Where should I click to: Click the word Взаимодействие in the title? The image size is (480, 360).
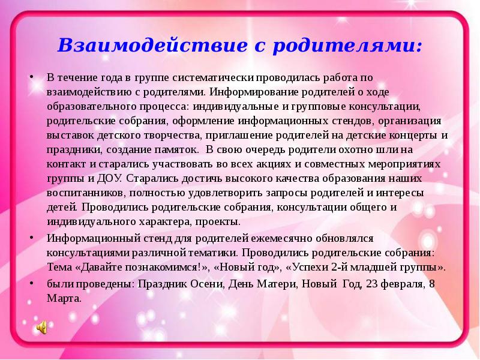click(152, 46)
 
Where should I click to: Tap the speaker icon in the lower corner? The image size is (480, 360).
click(42, 328)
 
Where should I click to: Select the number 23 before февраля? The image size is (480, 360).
click(372, 284)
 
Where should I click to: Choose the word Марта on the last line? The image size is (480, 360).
click(64, 298)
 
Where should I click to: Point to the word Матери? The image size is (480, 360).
click(277, 284)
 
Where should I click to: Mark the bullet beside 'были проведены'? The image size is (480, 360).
click(31, 283)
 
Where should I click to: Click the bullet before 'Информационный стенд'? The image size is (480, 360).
click(31, 238)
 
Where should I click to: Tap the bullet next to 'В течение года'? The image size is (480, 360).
click(31, 77)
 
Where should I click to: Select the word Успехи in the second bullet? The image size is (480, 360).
click(310, 267)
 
